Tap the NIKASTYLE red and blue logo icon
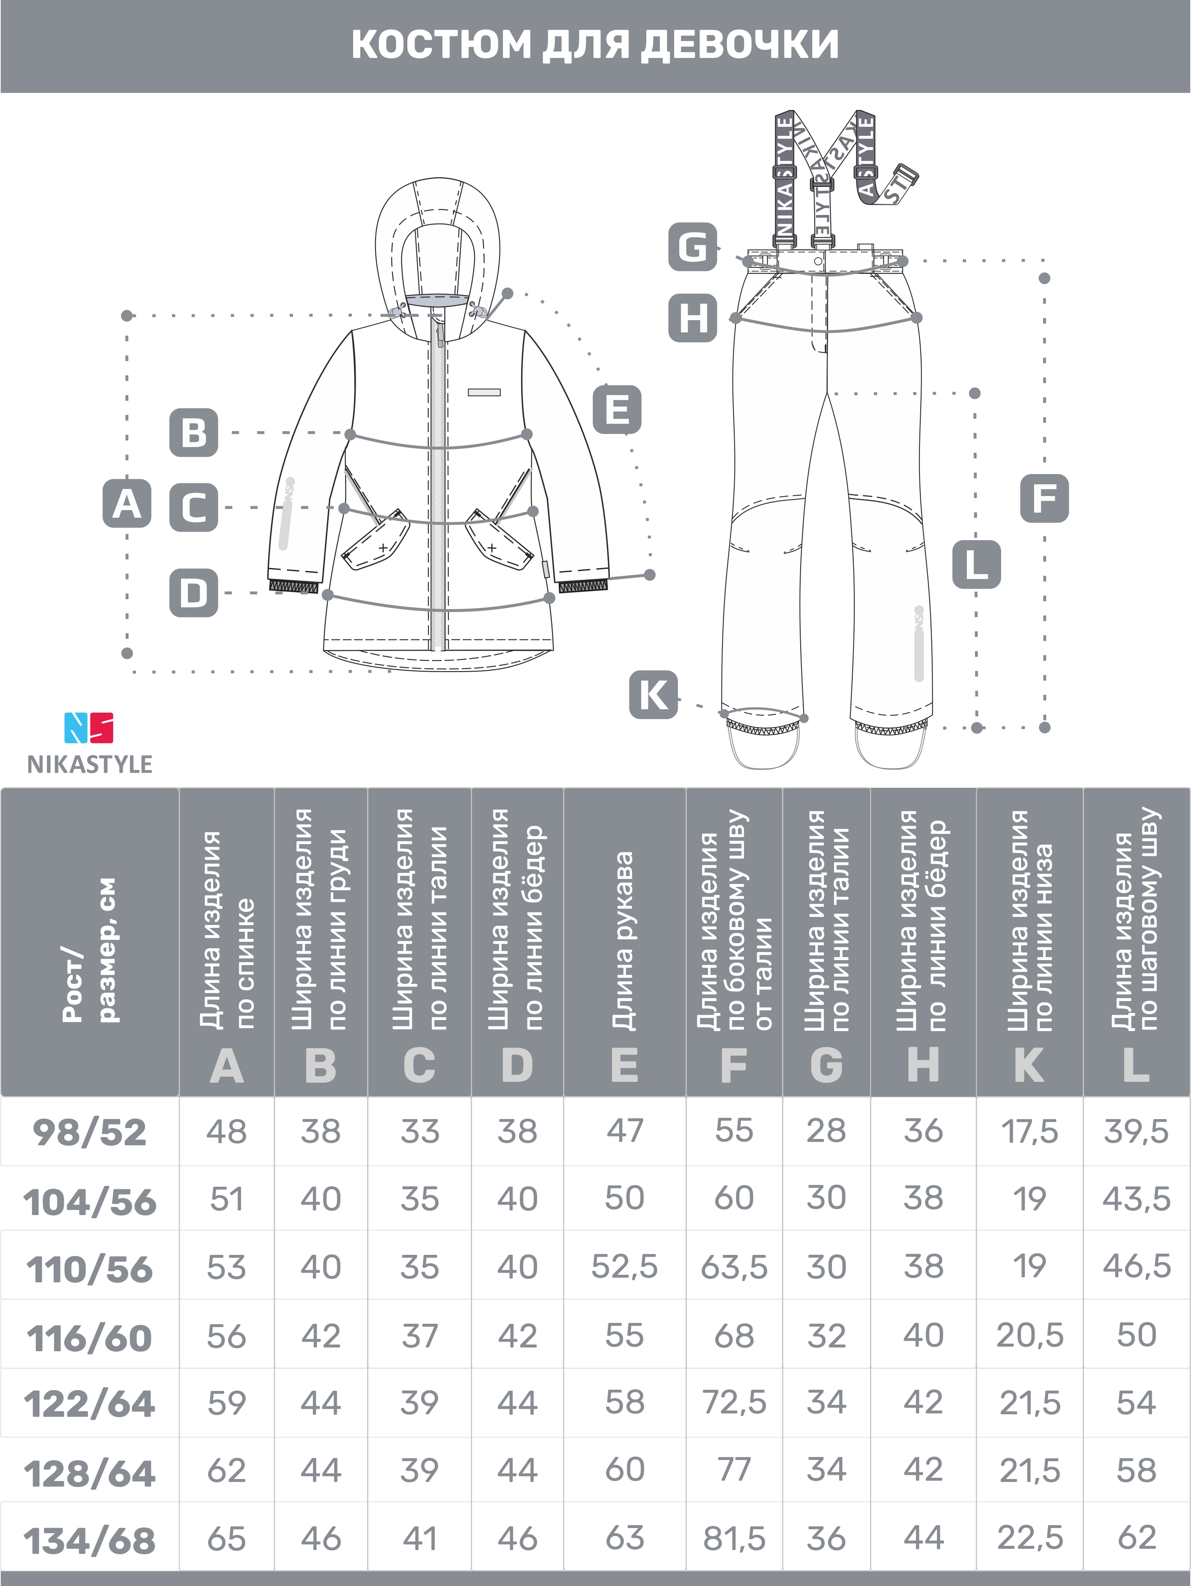pyautogui.click(x=89, y=727)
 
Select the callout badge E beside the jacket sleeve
pyautogui.click(x=617, y=410)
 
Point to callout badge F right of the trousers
pyautogui.click(x=1044, y=498)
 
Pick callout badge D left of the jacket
pyautogui.click(x=194, y=593)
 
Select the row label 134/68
pyautogui.click(x=90, y=1540)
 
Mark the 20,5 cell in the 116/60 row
pyautogui.click(x=1030, y=1335)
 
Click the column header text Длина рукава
pyautogui.click(x=624, y=941)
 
